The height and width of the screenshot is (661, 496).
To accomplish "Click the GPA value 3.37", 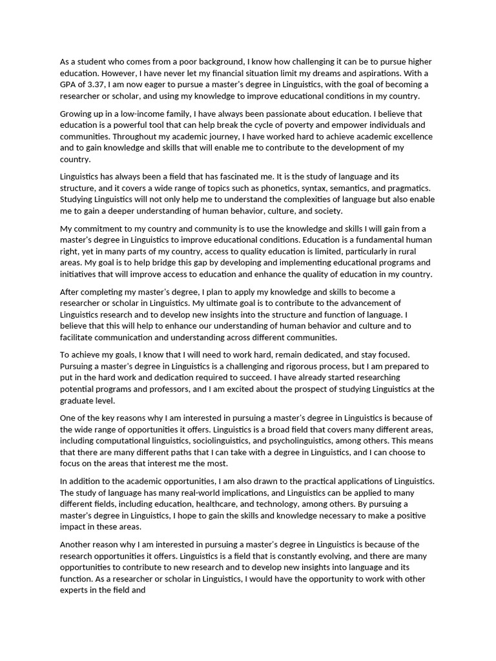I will pyautogui.click(x=96, y=85).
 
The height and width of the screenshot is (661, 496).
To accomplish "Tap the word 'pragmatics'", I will pyautogui.click(x=406, y=188).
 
